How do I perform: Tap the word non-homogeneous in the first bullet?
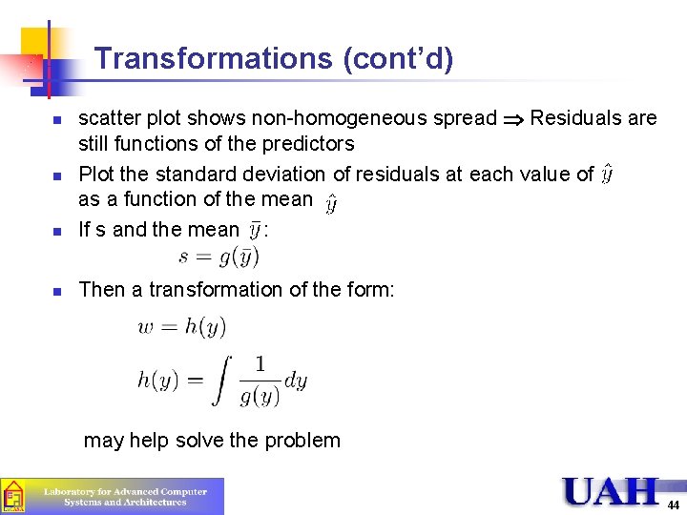point(373,118)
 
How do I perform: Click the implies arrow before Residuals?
point(513,119)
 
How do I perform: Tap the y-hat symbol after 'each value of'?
point(608,175)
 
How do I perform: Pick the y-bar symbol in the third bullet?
point(254,229)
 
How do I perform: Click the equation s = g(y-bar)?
point(219,257)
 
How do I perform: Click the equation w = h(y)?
point(182,327)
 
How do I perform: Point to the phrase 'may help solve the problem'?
point(212,441)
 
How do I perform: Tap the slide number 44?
point(673,505)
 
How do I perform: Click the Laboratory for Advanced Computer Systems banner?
point(112,496)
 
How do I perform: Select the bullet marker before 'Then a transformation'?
point(56,290)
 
